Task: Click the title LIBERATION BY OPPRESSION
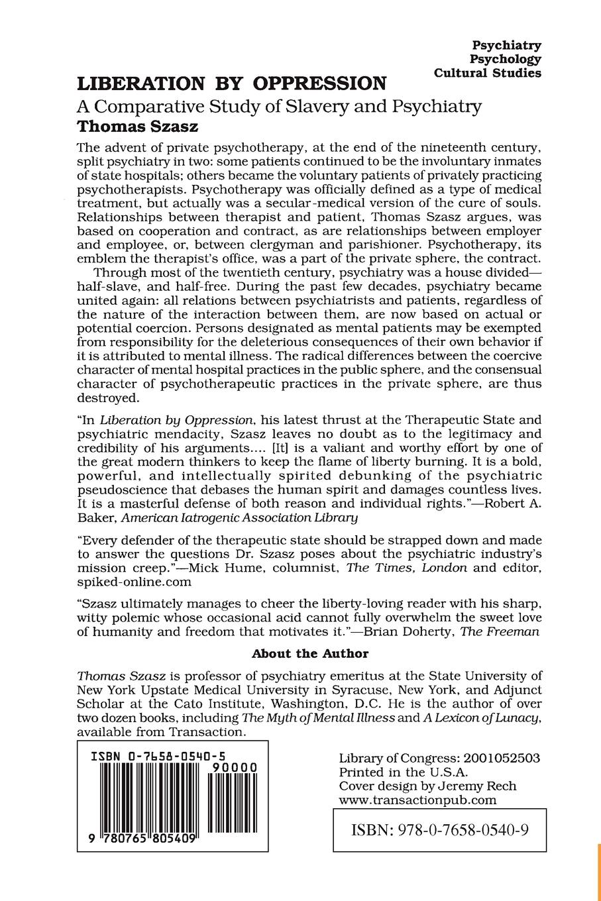232,84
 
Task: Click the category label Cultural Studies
488,73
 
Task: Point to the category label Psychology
506,59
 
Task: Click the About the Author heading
309,653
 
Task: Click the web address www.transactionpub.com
417,800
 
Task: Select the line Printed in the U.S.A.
404,772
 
